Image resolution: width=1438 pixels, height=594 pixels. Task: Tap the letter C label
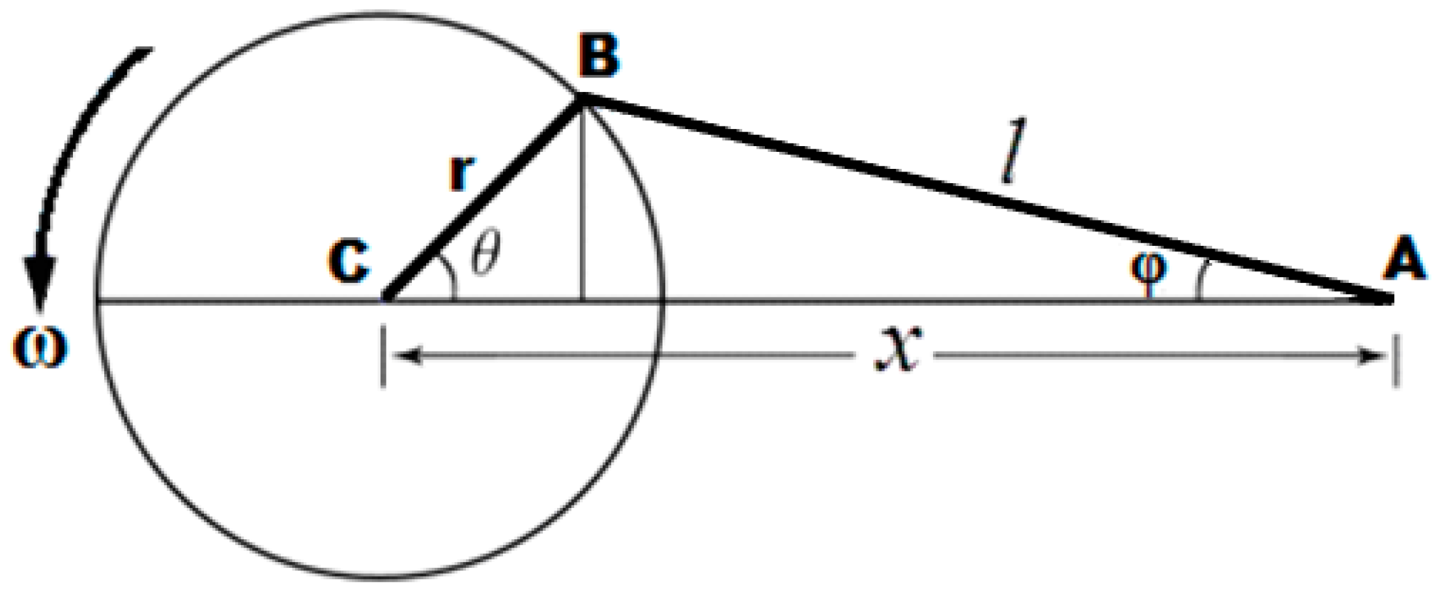(349, 261)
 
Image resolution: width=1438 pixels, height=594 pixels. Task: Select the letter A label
(1404, 259)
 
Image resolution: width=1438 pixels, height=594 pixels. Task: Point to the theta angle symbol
(486, 255)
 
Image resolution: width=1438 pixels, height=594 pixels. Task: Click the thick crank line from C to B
(483, 199)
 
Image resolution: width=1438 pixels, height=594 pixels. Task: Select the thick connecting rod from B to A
(977, 196)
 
